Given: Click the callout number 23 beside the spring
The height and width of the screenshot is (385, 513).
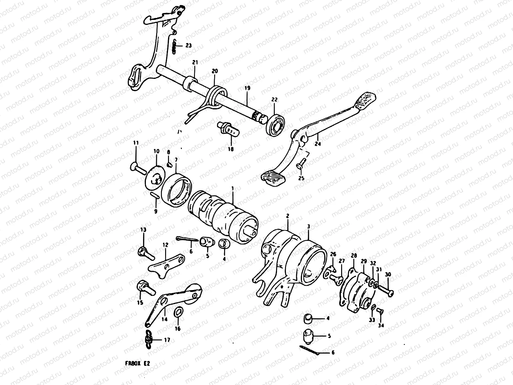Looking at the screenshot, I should tap(188, 46).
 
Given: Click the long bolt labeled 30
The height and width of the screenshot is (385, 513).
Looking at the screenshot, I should tap(384, 291).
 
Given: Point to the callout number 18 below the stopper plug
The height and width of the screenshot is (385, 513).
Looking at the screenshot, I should tap(231, 149).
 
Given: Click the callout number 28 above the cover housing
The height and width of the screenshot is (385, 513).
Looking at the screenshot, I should tap(354, 256).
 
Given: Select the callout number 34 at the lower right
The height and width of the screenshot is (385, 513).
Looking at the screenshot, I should tap(381, 326).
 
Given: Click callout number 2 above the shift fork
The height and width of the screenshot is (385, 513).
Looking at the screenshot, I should tap(288, 217).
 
